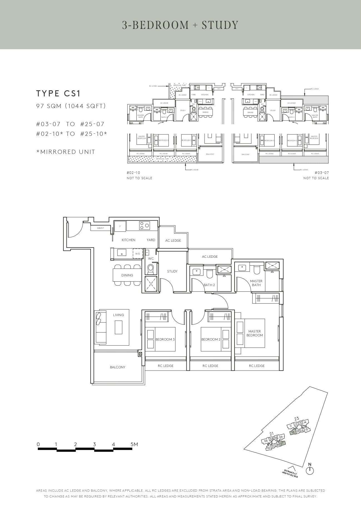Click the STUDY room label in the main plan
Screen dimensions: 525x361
click(172, 271)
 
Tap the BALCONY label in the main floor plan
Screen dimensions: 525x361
click(118, 367)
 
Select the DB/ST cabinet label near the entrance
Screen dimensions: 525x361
click(100, 228)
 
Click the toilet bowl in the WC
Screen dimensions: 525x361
click(151, 269)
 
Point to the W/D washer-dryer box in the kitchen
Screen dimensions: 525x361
click(138, 254)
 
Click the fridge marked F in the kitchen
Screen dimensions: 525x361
click(120, 226)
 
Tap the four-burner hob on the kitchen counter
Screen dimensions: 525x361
click(145, 225)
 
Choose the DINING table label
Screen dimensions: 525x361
click(127, 275)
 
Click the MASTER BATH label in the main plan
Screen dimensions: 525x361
click(256, 283)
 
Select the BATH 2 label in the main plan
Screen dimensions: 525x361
click(209, 285)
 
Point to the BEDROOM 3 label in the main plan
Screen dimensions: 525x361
click(165, 339)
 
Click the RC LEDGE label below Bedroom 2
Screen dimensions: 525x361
click(210, 366)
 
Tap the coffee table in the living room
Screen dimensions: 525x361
click(118, 327)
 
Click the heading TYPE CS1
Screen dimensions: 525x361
click(58, 94)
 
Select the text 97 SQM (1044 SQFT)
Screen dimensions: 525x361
click(71, 106)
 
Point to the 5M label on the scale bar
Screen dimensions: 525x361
click(134, 444)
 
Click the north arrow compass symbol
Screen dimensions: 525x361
click(310, 471)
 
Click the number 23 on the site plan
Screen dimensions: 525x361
click(297, 419)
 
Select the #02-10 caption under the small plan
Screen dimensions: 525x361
click(133, 173)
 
